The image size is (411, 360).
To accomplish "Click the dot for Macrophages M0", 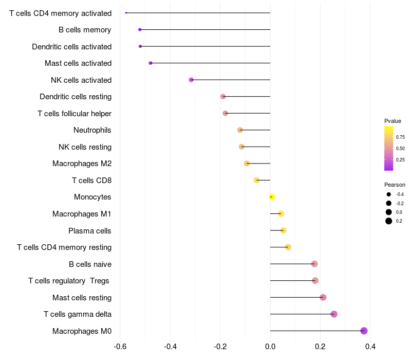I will point(364,331).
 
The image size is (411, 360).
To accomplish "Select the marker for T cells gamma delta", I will point(334,314).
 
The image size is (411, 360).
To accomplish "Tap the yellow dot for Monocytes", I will point(272,197).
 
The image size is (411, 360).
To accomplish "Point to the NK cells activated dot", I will point(191,80).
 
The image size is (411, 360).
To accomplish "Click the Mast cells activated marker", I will point(150,63).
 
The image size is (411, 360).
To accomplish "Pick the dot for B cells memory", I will point(140,29).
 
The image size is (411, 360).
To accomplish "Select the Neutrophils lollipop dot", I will point(240,130).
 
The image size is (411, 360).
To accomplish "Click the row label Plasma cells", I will point(90,230).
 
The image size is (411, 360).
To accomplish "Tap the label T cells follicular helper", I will point(74,113).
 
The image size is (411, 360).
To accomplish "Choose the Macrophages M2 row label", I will point(82,164).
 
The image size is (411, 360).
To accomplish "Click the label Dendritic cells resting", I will point(76,97).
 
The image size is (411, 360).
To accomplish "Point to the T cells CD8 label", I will point(91,180).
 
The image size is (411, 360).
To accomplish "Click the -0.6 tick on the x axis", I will point(120,346).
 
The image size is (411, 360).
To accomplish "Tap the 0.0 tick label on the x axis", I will point(270,346).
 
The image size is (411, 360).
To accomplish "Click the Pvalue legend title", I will point(393,121).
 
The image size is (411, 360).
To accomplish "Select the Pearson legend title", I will point(395,185).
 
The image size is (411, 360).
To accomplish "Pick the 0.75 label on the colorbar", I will point(400,137).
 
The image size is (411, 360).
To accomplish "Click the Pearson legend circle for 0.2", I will point(389,221).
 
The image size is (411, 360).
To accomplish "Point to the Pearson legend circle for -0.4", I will point(389,194).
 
